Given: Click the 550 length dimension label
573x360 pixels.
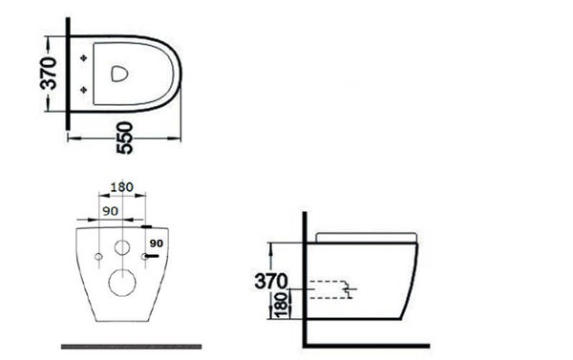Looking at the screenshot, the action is pos(124,138).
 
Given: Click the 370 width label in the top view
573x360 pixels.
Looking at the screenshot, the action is pos(49,74).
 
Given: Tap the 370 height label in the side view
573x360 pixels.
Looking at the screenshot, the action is pos(271,282).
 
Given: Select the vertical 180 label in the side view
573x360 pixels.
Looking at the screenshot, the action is pos(282,305).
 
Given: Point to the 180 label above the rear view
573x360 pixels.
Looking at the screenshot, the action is pos(121,187).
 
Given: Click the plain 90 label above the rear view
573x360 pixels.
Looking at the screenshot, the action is pos(110,211).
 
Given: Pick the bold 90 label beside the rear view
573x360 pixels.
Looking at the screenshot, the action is pos(156,244).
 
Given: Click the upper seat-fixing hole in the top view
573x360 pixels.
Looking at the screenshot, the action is pos(84,57).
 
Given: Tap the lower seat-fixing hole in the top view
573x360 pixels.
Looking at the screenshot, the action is pos(84,90).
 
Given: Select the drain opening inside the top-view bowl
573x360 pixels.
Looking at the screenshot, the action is pos(119,74).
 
